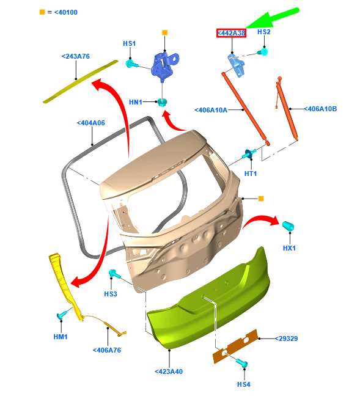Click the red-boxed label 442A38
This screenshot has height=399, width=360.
pyautogui.click(x=231, y=33)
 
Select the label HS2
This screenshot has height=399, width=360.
pyautogui.click(x=264, y=32)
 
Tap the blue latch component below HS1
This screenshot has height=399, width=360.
pyautogui.click(x=164, y=65)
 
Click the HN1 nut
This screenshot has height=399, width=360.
pyautogui.click(x=162, y=102)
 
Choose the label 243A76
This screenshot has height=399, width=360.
pyautogui.click(x=76, y=56)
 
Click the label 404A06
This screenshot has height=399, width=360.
pyautogui.click(x=91, y=123)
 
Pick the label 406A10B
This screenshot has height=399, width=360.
pyautogui.click(x=320, y=109)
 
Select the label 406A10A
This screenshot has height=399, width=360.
pyautogui.click(x=211, y=110)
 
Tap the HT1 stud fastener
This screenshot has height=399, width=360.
pyautogui.click(x=249, y=154)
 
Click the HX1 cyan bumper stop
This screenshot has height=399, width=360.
pyautogui.click(x=288, y=226)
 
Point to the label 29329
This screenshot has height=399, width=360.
pyautogui.click(x=286, y=339)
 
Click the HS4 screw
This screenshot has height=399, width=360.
pyautogui.click(x=242, y=363)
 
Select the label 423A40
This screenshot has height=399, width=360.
pyautogui.click(x=169, y=372)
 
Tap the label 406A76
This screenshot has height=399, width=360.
pyautogui.click(x=107, y=350)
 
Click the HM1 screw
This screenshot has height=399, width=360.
pyautogui.click(x=62, y=315)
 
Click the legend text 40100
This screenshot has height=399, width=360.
pyautogui.click(x=66, y=12)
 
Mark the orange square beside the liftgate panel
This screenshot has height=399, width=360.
pyautogui.click(x=261, y=199)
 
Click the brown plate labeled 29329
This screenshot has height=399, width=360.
pyautogui.click(x=235, y=346)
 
